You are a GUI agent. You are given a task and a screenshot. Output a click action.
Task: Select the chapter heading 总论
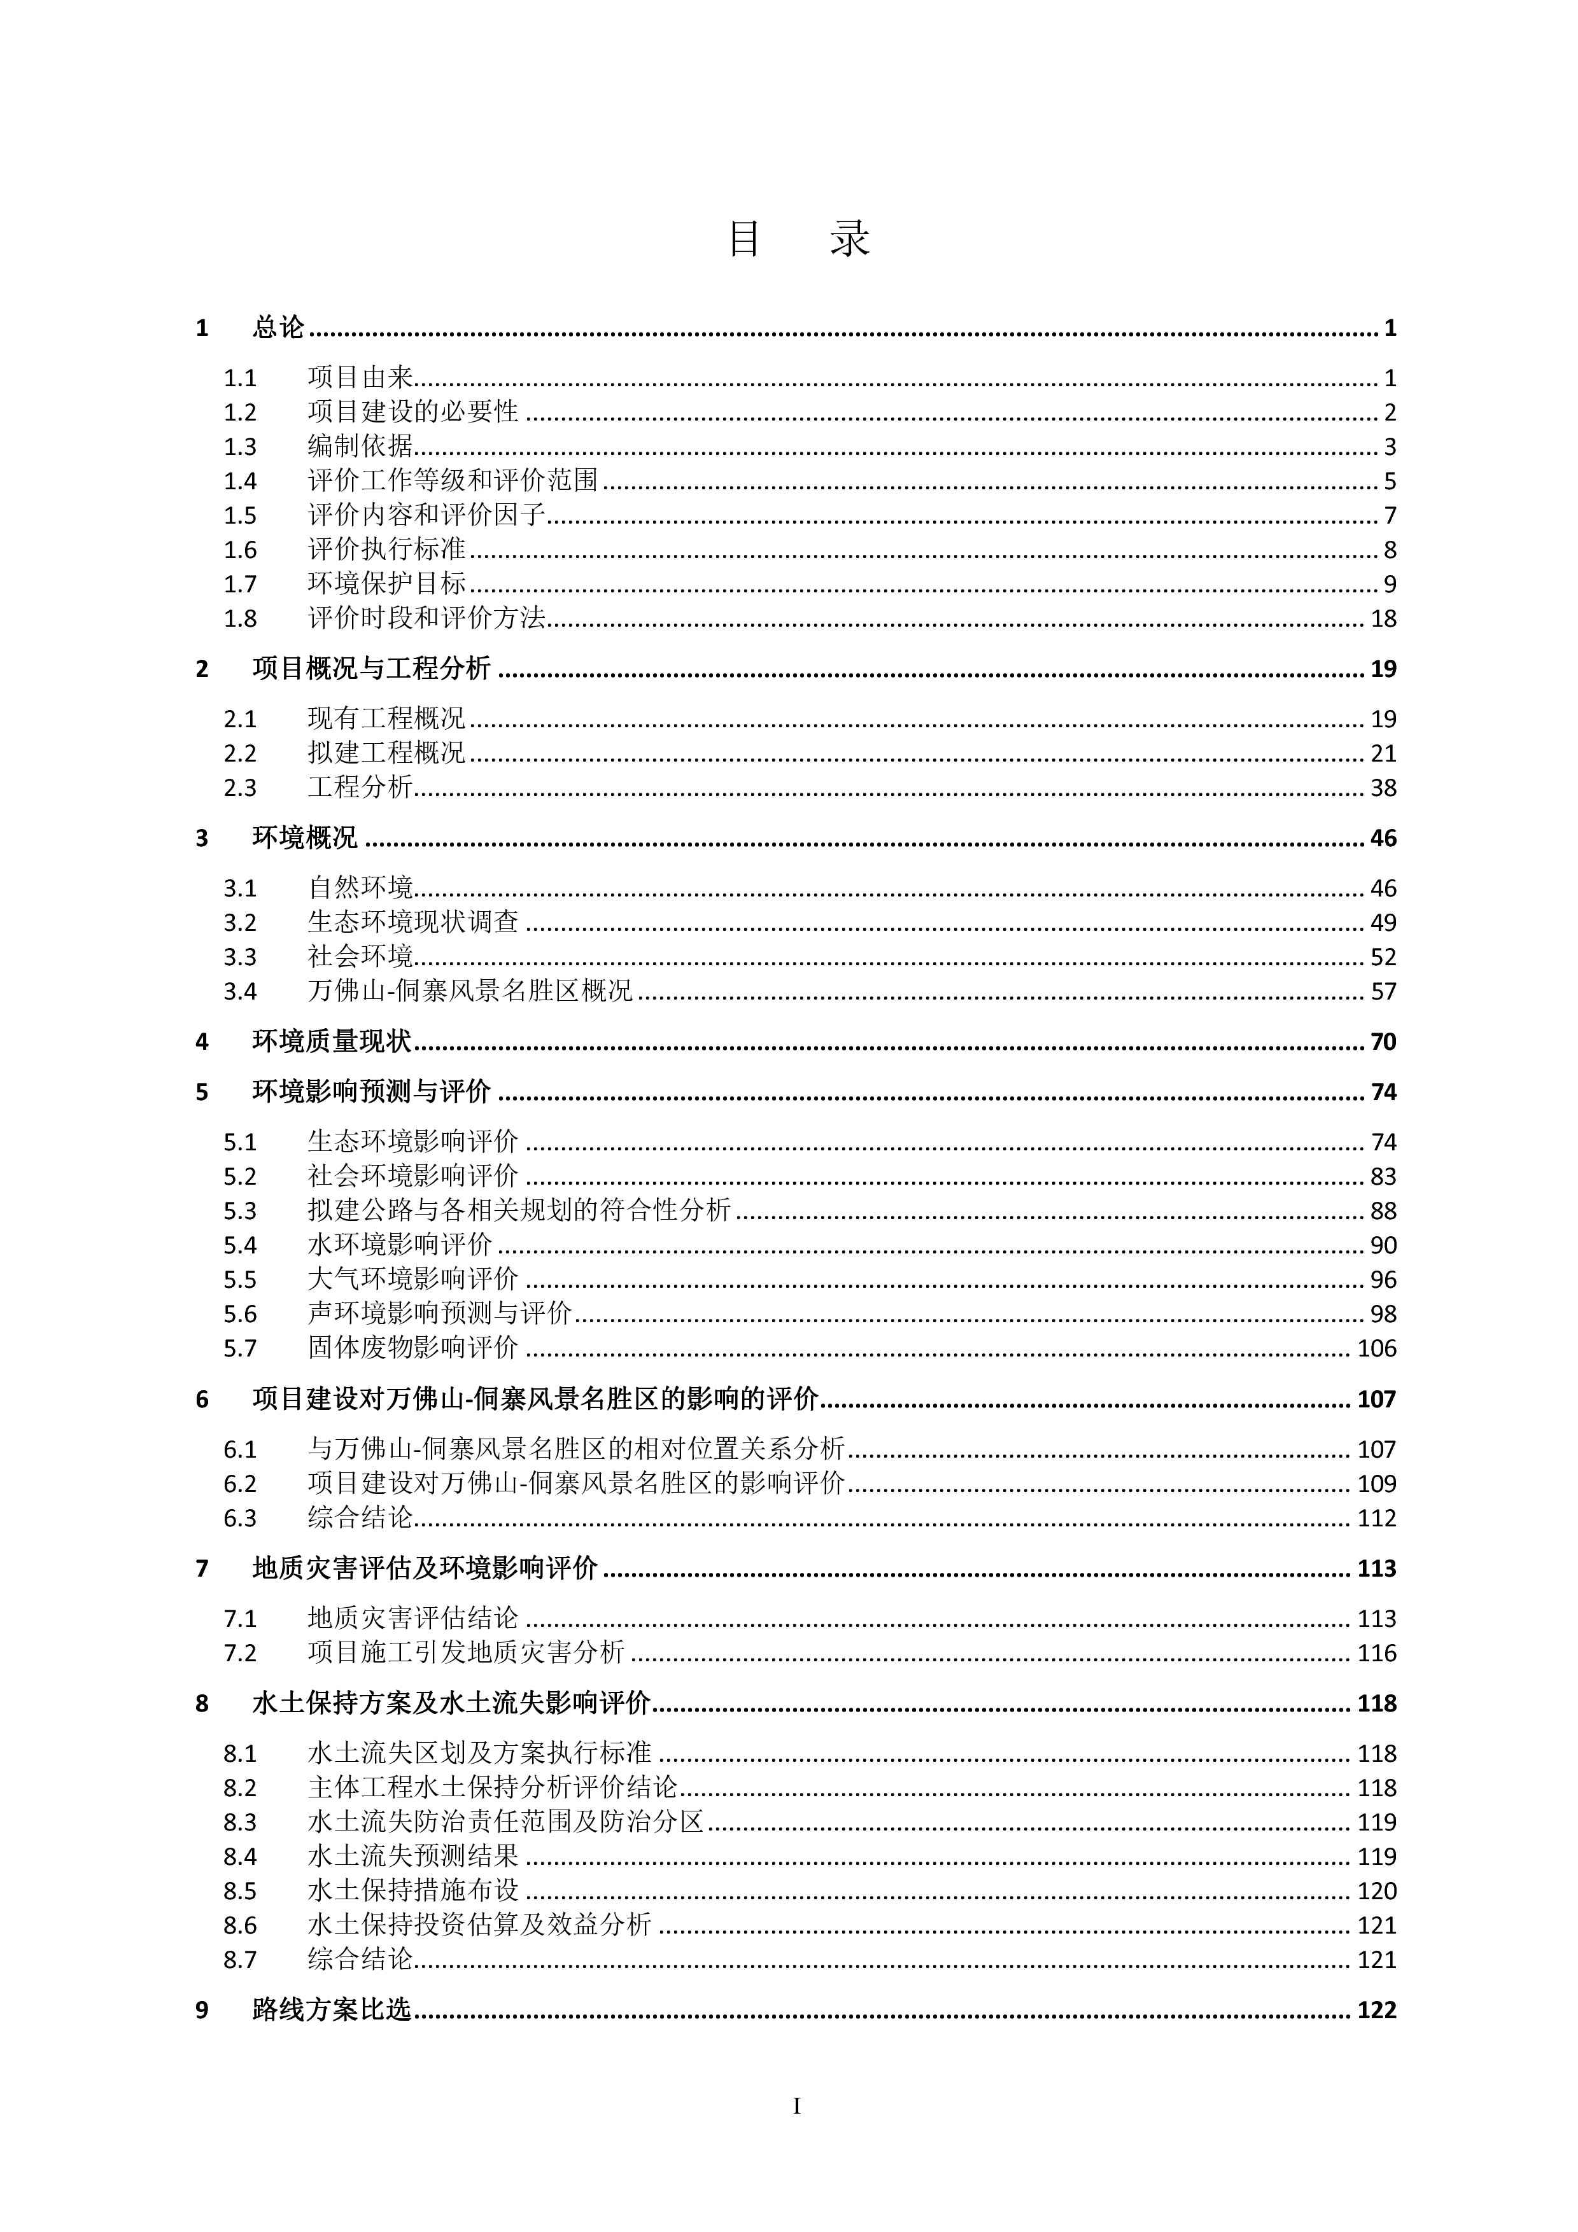tap(279, 328)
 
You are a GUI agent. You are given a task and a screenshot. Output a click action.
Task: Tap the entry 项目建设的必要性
tap(413, 412)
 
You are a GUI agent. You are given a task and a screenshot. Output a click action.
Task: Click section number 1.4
tap(240, 481)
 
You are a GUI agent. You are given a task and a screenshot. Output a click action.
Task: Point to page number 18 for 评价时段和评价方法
tap(1383, 618)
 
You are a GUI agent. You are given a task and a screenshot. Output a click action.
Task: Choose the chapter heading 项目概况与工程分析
tap(371, 669)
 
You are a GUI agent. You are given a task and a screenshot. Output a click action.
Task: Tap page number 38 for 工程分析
tap(1383, 788)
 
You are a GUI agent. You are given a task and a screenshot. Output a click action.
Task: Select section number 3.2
tap(240, 923)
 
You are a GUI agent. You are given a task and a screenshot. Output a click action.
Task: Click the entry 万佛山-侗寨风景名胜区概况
tap(470, 991)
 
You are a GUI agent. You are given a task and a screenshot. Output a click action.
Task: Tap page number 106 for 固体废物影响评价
tap(1376, 1348)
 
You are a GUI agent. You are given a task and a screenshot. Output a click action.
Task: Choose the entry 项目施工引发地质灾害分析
tap(467, 1652)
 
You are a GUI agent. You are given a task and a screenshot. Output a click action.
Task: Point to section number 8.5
tap(240, 1891)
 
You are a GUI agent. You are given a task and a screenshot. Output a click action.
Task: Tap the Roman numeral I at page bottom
tap(797, 2107)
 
